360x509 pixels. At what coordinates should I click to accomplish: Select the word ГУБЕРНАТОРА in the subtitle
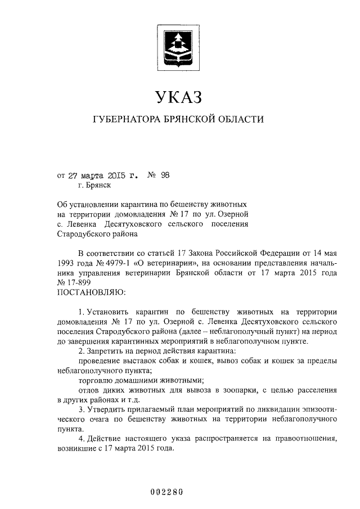click(125, 120)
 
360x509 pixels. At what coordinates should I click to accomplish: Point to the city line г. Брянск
click(95, 184)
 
